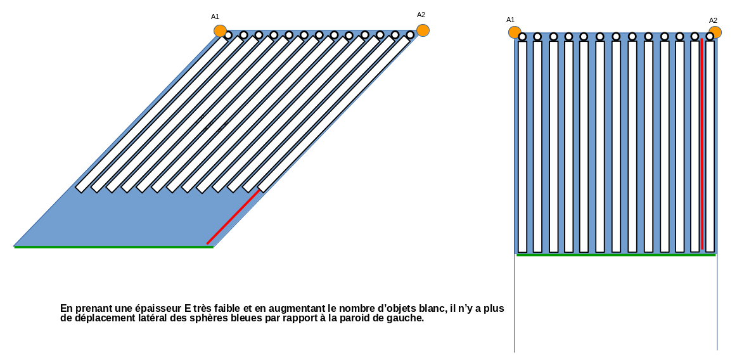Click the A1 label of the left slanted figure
(x=215, y=16)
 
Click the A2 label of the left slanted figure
(x=421, y=15)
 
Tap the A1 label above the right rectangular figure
(x=510, y=20)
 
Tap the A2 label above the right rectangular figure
(x=713, y=20)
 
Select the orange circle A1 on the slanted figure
(x=220, y=30)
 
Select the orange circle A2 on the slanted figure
(x=423, y=30)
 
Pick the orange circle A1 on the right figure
(x=515, y=32)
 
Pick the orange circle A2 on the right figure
(x=715, y=32)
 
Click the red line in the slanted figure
(x=233, y=216)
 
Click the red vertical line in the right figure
(x=702, y=146)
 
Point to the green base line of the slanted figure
(x=114, y=247)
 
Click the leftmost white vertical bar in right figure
(x=522, y=146)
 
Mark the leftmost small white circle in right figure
(x=522, y=37)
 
